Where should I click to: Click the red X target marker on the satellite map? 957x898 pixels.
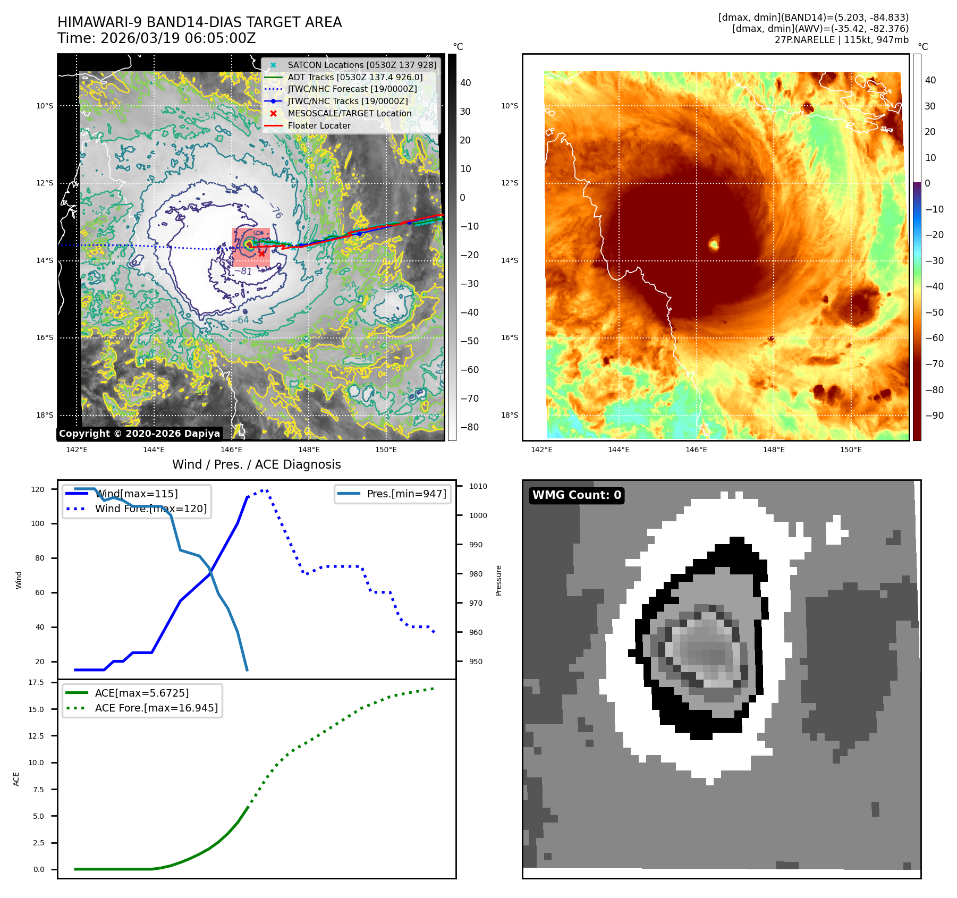[x=261, y=253]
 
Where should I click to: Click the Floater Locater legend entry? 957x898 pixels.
[x=319, y=125]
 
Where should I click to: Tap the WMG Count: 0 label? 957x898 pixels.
[x=577, y=495]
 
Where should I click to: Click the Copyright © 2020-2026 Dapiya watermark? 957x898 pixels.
[x=139, y=434]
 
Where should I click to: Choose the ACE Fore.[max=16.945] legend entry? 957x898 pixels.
[x=156, y=708]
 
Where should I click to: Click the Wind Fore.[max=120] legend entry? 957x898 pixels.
[x=150, y=509]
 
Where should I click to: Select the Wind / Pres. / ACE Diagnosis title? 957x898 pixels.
[x=256, y=464]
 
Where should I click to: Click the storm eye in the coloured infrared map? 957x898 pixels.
[x=714, y=244]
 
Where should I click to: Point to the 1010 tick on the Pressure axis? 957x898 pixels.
[x=478, y=486]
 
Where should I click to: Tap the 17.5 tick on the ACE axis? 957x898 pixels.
[x=36, y=682]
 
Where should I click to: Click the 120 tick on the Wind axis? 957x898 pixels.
[x=38, y=489]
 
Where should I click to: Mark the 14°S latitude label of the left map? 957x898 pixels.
[x=45, y=260]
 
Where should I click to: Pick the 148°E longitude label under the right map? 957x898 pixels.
[x=774, y=450]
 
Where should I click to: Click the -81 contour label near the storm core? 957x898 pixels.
[x=243, y=272]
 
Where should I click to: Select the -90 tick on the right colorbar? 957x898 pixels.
[x=934, y=416]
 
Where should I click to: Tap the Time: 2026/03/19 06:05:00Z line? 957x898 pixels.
[x=157, y=38]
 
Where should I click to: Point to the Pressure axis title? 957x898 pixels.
[x=498, y=580]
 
